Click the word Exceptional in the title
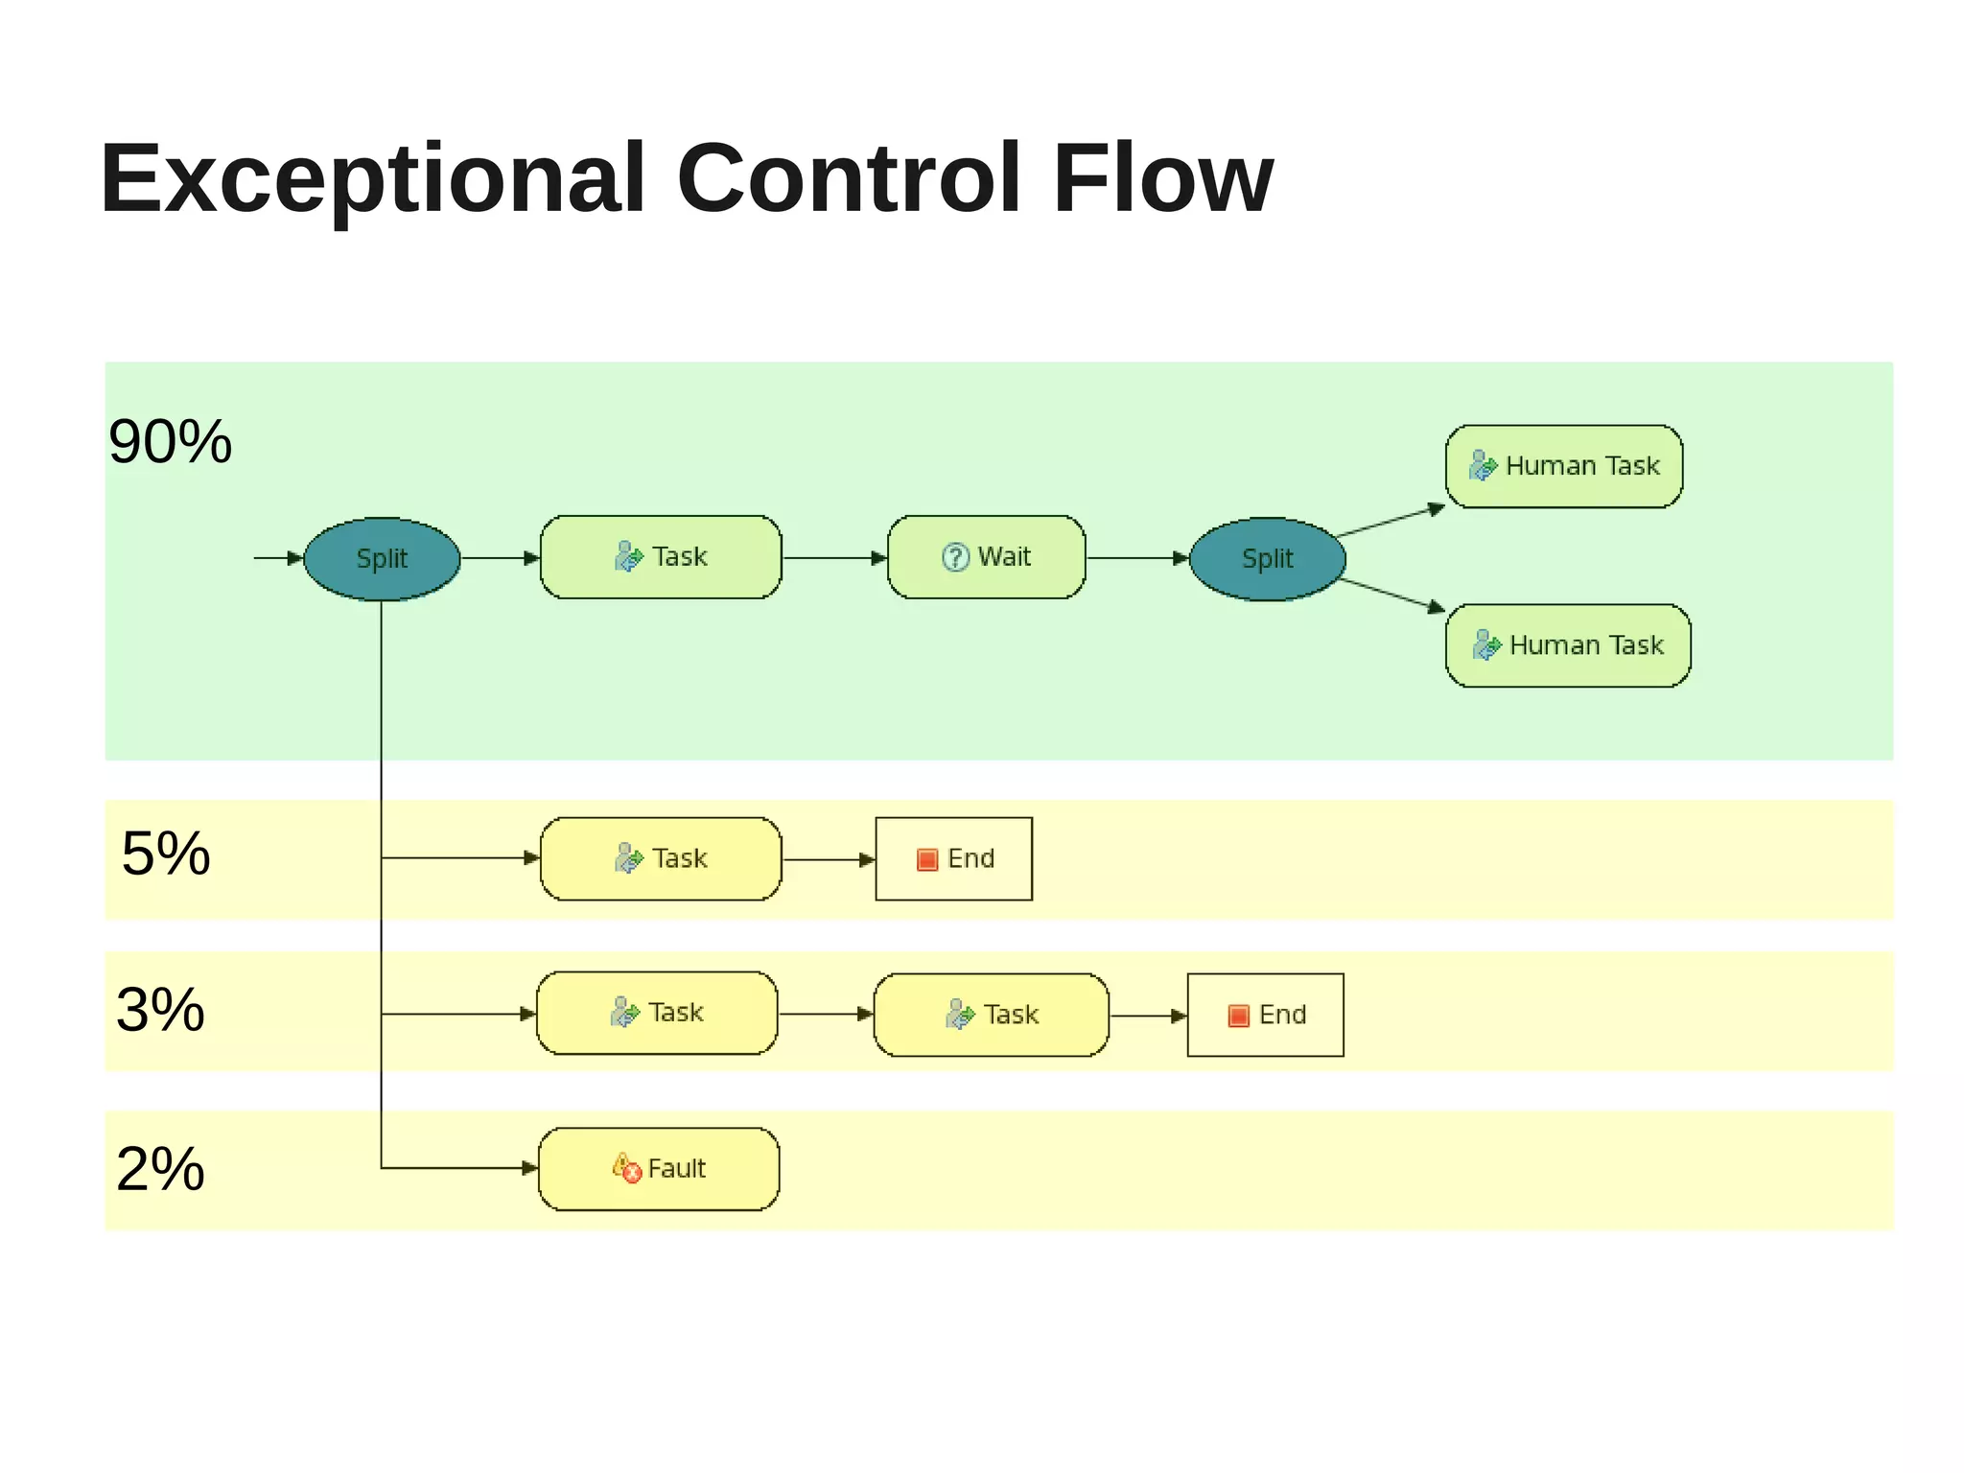pyautogui.click(x=372, y=178)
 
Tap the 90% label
pyautogui.click(x=170, y=442)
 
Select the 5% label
pyautogui.click(x=166, y=853)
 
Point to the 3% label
pyautogui.click(x=160, y=1009)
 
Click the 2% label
pyautogui.click(x=160, y=1168)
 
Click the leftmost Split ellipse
pyautogui.click(x=382, y=558)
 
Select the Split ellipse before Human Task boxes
pyautogui.click(x=1267, y=558)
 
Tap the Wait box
pyautogui.click(x=986, y=557)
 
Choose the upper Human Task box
pyautogui.click(x=1563, y=466)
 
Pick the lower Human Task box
pyautogui.click(x=1567, y=645)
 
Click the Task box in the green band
pyautogui.click(x=661, y=557)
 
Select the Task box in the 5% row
pyautogui.click(x=661, y=858)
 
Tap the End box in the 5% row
pyautogui.click(x=953, y=858)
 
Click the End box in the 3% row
pyautogui.click(x=1265, y=1015)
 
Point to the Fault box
pyautogui.click(x=659, y=1168)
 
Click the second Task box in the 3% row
pyautogui.click(x=991, y=1015)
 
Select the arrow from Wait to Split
pyautogui.click(x=1137, y=558)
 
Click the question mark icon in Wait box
pyautogui.click(x=955, y=557)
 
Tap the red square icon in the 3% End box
pyautogui.click(x=1238, y=1016)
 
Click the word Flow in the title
pyautogui.click(x=1162, y=178)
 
